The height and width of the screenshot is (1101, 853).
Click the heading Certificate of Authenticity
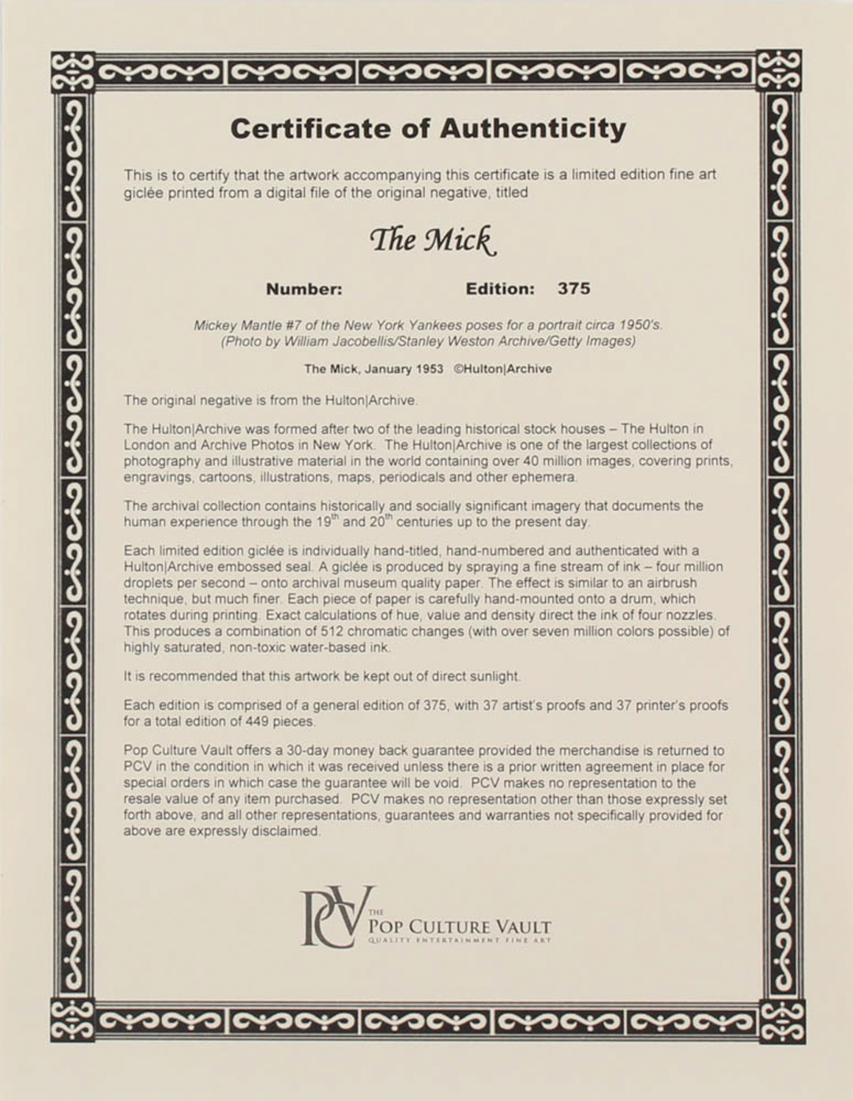click(x=428, y=129)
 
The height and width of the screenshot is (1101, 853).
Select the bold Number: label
click(x=304, y=289)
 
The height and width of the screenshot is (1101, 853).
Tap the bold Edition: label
click(x=500, y=289)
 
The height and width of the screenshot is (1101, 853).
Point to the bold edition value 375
click(x=573, y=289)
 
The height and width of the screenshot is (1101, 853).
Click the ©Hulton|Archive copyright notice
click(x=502, y=369)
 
